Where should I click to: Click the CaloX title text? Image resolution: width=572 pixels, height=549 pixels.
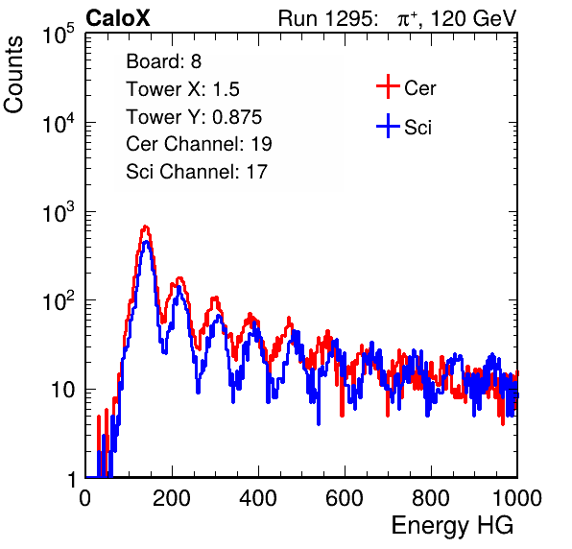(x=117, y=18)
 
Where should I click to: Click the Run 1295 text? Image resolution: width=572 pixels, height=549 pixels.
(x=327, y=18)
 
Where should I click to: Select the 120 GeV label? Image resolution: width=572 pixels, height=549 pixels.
(x=473, y=18)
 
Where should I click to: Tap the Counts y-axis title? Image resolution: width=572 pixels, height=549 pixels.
(x=13, y=75)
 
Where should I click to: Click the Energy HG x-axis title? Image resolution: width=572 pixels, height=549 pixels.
(x=452, y=526)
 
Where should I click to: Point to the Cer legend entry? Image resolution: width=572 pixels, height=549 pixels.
(x=406, y=87)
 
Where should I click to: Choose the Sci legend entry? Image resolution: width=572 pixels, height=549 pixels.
(x=404, y=127)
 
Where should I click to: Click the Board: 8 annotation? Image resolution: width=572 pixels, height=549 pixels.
(x=164, y=61)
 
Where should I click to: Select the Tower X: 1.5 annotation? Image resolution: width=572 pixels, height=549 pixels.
(x=182, y=89)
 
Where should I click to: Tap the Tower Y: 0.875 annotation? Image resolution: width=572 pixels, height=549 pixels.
(x=194, y=117)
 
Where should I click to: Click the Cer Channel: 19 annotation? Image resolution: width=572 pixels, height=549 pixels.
(x=199, y=144)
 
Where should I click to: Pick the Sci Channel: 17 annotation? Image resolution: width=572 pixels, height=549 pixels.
(x=197, y=172)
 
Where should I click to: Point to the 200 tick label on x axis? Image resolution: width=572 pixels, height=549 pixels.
(x=172, y=497)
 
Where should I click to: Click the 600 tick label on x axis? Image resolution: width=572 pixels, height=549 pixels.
(x=345, y=497)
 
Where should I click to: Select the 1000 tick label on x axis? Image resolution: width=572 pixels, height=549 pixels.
(x=517, y=497)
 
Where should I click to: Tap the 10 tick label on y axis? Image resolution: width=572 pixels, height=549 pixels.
(x=63, y=390)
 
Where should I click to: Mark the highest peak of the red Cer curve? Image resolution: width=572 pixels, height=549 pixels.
(x=146, y=227)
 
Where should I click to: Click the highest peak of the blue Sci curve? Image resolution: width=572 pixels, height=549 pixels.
(x=146, y=242)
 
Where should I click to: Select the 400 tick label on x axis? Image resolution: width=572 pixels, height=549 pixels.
(x=258, y=497)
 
